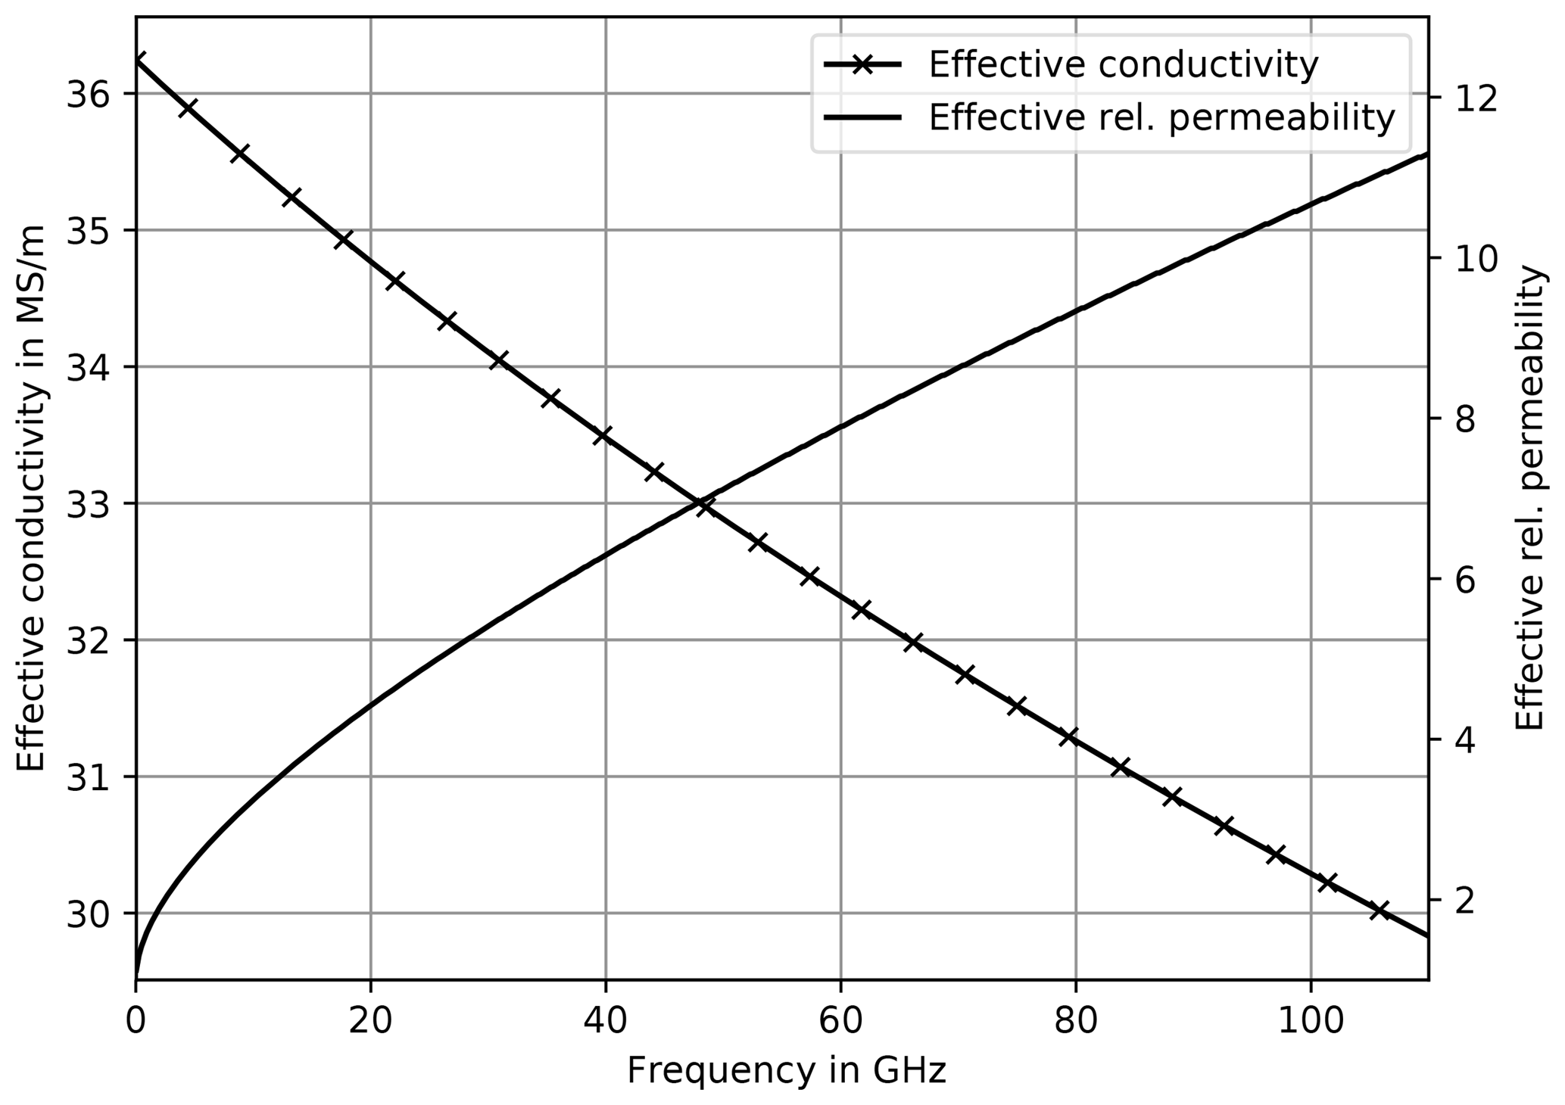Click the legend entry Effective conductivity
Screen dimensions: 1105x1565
(x=1124, y=65)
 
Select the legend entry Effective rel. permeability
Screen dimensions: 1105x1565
(x=1161, y=118)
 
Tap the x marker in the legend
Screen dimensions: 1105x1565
(x=862, y=65)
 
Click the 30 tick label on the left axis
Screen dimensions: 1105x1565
(x=88, y=913)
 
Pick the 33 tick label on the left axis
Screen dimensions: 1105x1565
(x=88, y=503)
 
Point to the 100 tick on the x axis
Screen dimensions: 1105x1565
(x=1310, y=1021)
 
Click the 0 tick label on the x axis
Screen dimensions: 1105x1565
(x=136, y=1021)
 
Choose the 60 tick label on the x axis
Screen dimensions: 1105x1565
(x=840, y=1021)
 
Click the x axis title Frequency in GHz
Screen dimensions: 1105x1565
(x=787, y=1071)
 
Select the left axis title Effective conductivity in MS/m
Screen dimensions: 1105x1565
(x=31, y=497)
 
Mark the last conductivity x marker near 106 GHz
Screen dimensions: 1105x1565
(x=1380, y=910)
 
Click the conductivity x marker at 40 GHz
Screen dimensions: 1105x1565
(x=603, y=435)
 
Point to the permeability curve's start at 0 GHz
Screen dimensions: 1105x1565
(x=136, y=976)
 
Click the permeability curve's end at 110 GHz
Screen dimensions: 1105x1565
(x=1427, y=154)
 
